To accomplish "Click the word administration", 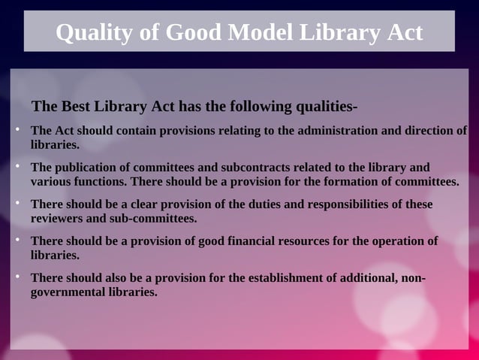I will [328, 130].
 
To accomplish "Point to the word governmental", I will [66, 292].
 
